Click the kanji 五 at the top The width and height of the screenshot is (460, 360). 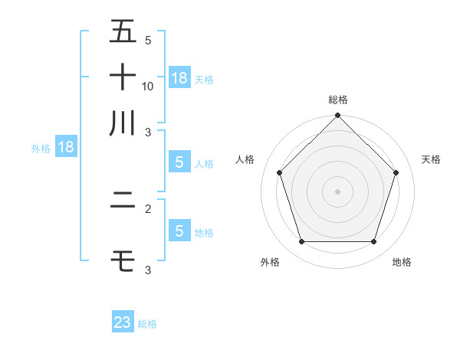tap(123, 32)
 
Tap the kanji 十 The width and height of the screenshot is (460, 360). tap(123, 77)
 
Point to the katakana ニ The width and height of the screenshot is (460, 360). tap(123, 202)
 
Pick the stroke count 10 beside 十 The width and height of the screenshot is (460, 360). tap(148, 87)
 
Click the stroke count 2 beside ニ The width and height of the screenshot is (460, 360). tap(148, 208)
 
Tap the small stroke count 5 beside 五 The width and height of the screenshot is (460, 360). tap(148, 40)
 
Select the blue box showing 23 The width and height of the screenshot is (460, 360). tap(123, 322)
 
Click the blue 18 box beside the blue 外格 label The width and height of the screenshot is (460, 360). tap(65, 148)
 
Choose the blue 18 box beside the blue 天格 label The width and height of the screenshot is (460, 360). tap(179, 78)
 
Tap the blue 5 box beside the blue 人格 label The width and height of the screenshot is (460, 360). tap(179, 162)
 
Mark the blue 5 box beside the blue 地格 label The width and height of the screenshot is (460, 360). tap(179, 231)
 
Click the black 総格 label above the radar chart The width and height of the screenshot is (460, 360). tap(338, 100)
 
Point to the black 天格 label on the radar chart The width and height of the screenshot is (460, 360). tap(432, 159)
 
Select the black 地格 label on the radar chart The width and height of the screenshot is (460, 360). tap(402, 263)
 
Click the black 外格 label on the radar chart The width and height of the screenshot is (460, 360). tap(270, 263)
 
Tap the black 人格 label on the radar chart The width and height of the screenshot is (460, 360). tap(245, 159)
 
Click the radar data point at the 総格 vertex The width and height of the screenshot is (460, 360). tap(338, 116)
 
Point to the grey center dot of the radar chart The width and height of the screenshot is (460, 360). tap(338, 191)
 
